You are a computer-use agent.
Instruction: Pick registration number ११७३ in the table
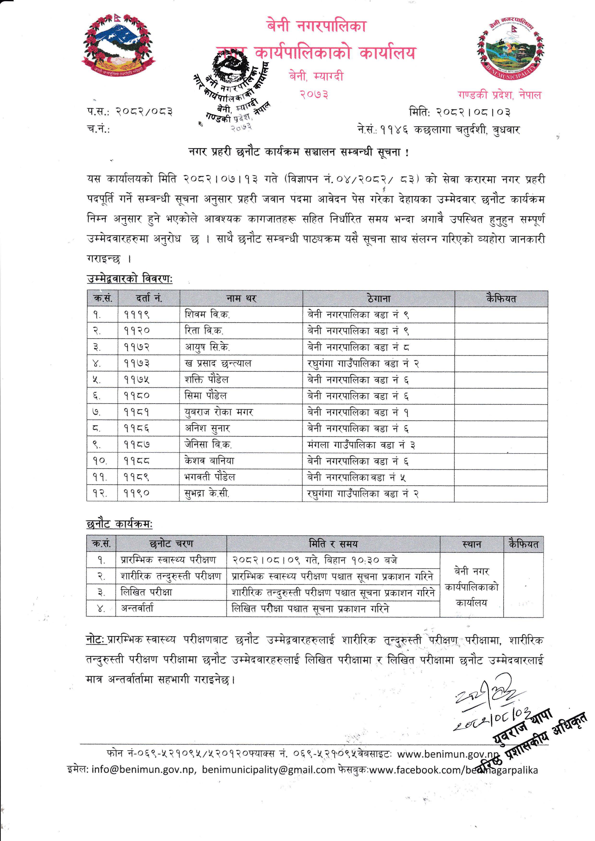click(x=136, y=363)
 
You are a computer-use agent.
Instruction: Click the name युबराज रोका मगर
click(x=219, y=412)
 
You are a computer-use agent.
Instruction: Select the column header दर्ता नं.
click(x=149, y=299)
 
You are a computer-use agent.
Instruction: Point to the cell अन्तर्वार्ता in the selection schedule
click(x=137, y=608)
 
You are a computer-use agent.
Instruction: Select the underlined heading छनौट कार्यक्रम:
click(x=119, y=524)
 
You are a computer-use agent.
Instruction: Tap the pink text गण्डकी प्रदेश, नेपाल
click(x=499, y=95)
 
